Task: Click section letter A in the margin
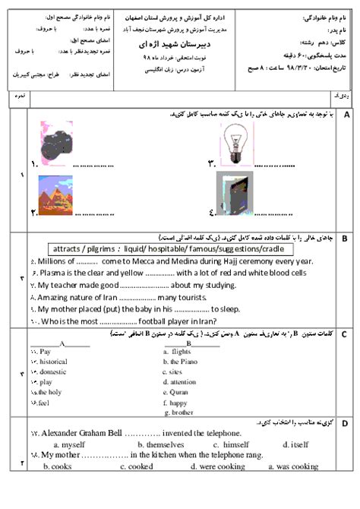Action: click(346, 115)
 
